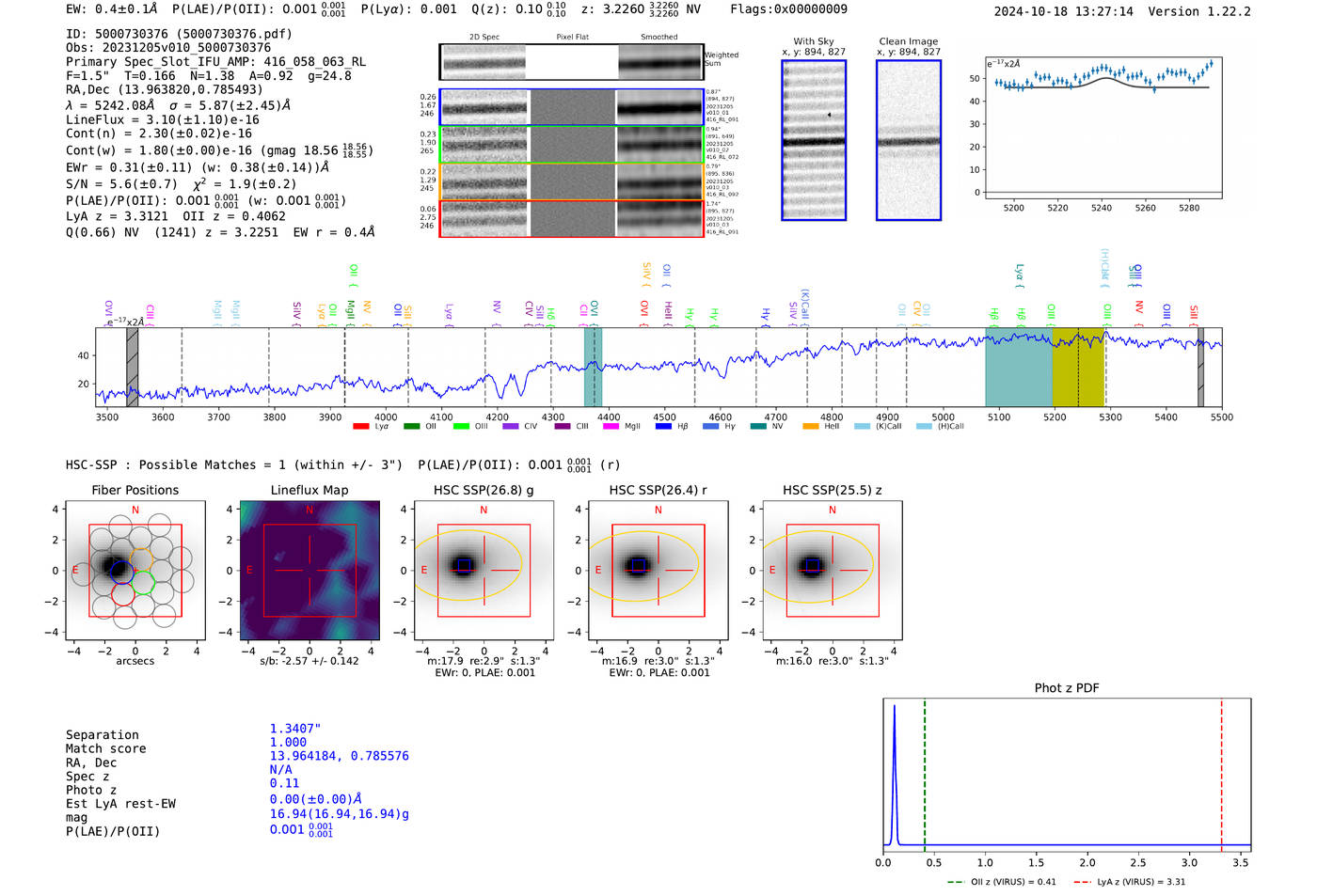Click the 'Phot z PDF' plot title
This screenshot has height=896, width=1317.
(1066, 688)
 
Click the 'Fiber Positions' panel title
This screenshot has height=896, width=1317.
(135, 490)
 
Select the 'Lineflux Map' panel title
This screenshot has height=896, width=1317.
(309, 490)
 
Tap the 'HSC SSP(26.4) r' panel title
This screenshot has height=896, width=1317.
(658, 490)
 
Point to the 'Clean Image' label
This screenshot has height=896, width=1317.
(908, 41)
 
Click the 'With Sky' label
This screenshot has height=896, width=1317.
(813, 41)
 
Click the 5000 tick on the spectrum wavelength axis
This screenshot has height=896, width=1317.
(943, 417)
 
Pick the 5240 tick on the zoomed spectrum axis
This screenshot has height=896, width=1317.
(1102, 208)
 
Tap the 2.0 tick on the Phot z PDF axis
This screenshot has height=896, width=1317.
(1087, 862)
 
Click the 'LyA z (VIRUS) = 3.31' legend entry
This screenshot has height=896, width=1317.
(1132, 882)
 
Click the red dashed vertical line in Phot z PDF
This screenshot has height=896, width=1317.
(1221, 771)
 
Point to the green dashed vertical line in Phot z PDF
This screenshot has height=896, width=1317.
(925, 771)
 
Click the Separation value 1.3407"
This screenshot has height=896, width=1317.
(294, 729)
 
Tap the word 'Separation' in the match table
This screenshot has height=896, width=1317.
(102, 735)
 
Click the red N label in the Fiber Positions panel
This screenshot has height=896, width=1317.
(135, 511)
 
